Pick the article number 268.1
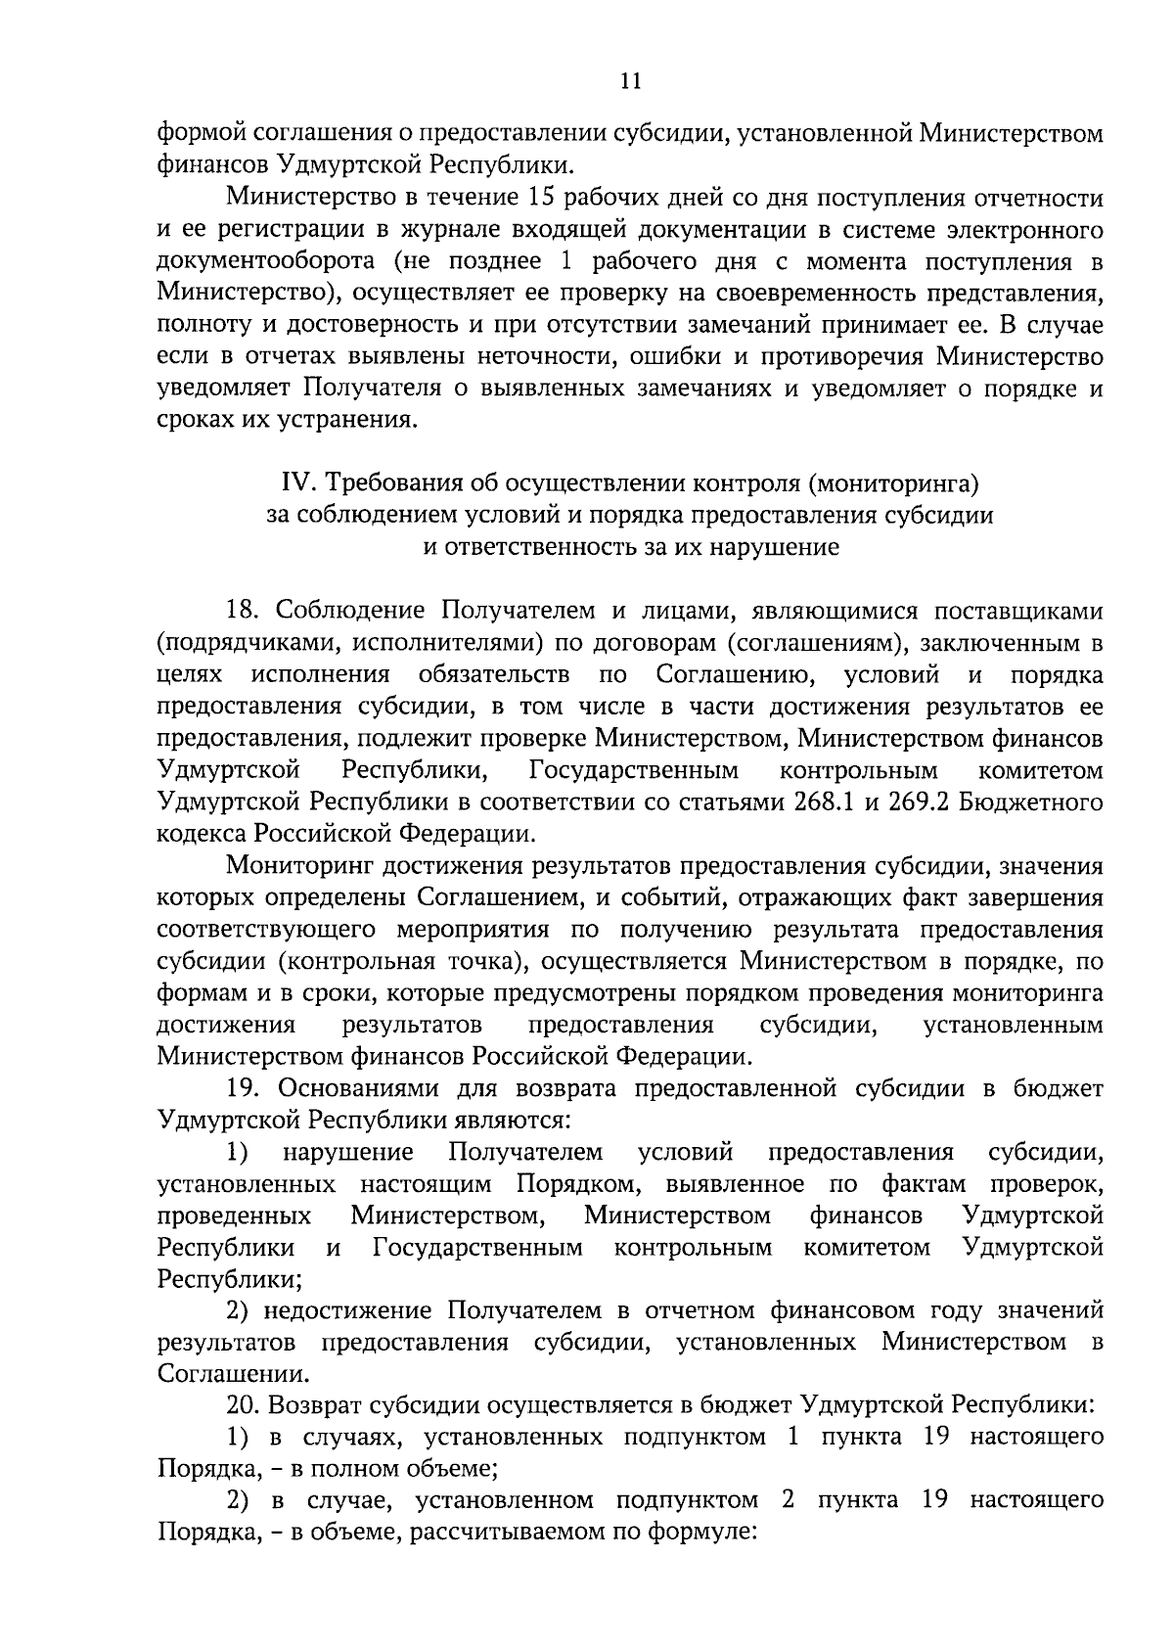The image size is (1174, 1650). pos(821,802)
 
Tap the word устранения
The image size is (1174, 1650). pos(341,421)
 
